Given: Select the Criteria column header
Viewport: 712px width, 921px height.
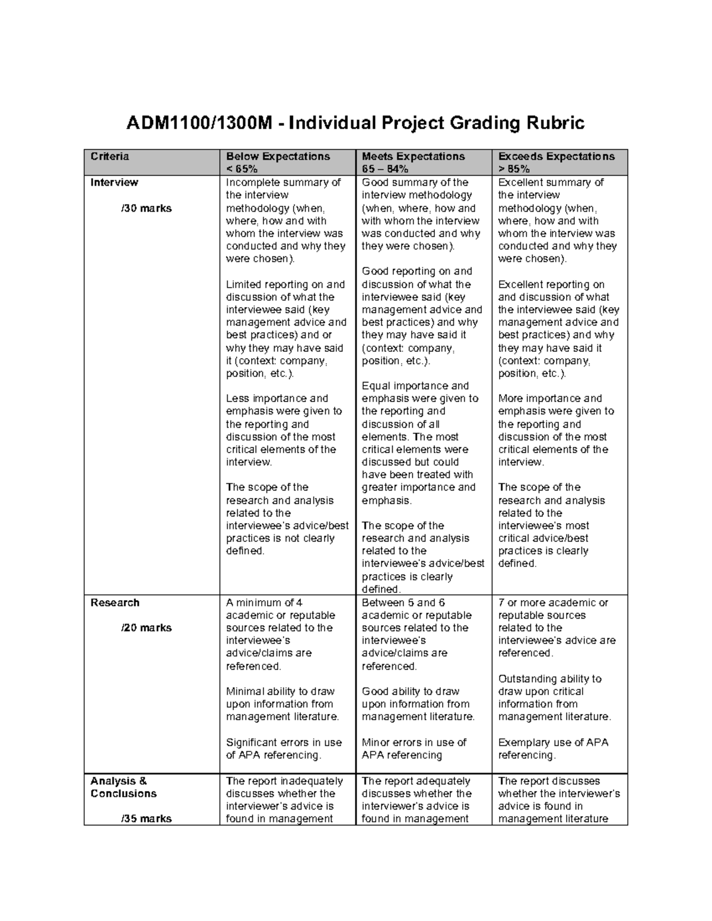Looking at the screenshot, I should point(109,157).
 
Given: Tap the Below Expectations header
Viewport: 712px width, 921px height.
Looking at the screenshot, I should point(278,157).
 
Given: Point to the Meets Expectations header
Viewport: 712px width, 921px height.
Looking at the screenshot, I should point(413,157).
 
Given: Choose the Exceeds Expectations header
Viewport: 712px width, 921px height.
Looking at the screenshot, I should point(556,157).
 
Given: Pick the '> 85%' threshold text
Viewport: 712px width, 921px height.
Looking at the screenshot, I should point(514,169).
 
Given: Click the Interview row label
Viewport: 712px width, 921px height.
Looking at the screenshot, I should point(114,183).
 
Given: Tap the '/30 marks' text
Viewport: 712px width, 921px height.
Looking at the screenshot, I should point(146,208).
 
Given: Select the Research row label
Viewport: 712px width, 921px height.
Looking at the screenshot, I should point(115,603).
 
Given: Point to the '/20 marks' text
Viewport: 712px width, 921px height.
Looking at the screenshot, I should point(146,628).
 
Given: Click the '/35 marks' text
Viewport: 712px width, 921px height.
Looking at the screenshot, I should point(146,819).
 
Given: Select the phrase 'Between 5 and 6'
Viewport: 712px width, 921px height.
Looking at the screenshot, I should point(403,603).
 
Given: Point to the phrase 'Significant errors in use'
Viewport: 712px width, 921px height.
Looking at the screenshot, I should point(284,742).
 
